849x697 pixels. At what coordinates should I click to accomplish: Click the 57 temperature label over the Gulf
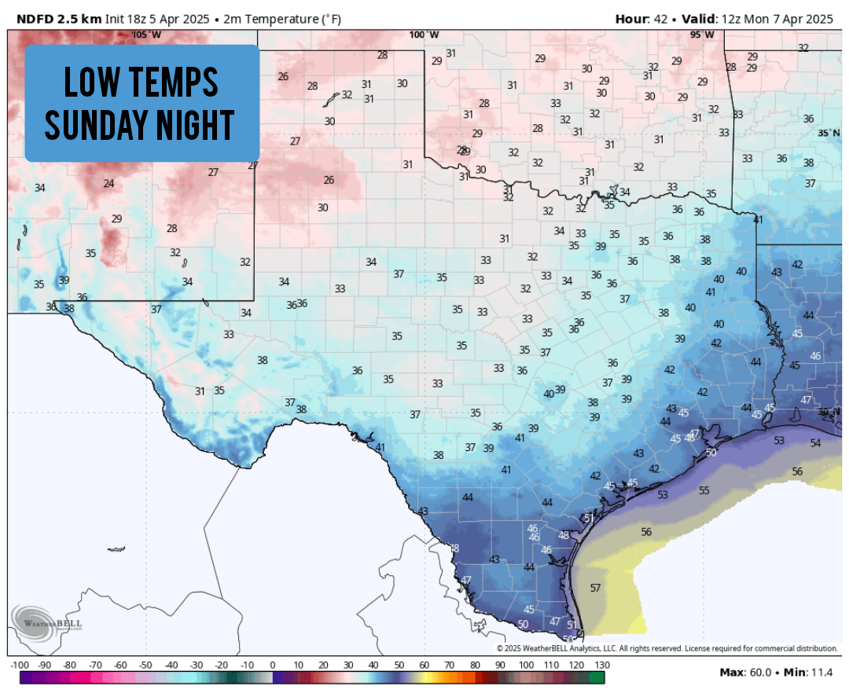(595, 588)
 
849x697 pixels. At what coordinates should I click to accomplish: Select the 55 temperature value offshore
(704, 490)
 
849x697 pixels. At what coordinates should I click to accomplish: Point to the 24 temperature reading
(108, 184)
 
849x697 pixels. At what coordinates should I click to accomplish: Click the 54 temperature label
(815, 444)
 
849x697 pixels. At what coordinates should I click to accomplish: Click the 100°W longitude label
(424, 35)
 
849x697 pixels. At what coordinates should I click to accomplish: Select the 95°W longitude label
(702, 35)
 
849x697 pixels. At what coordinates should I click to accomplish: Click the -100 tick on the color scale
(20, 666)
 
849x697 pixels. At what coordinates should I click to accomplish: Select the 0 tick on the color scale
(272, 666)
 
